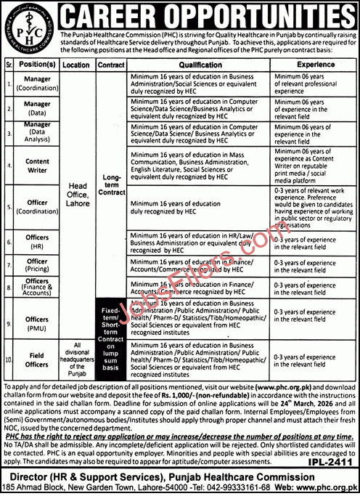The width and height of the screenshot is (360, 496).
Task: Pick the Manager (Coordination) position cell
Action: pos(36,84)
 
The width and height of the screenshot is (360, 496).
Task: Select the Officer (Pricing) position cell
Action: pos(36,265)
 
